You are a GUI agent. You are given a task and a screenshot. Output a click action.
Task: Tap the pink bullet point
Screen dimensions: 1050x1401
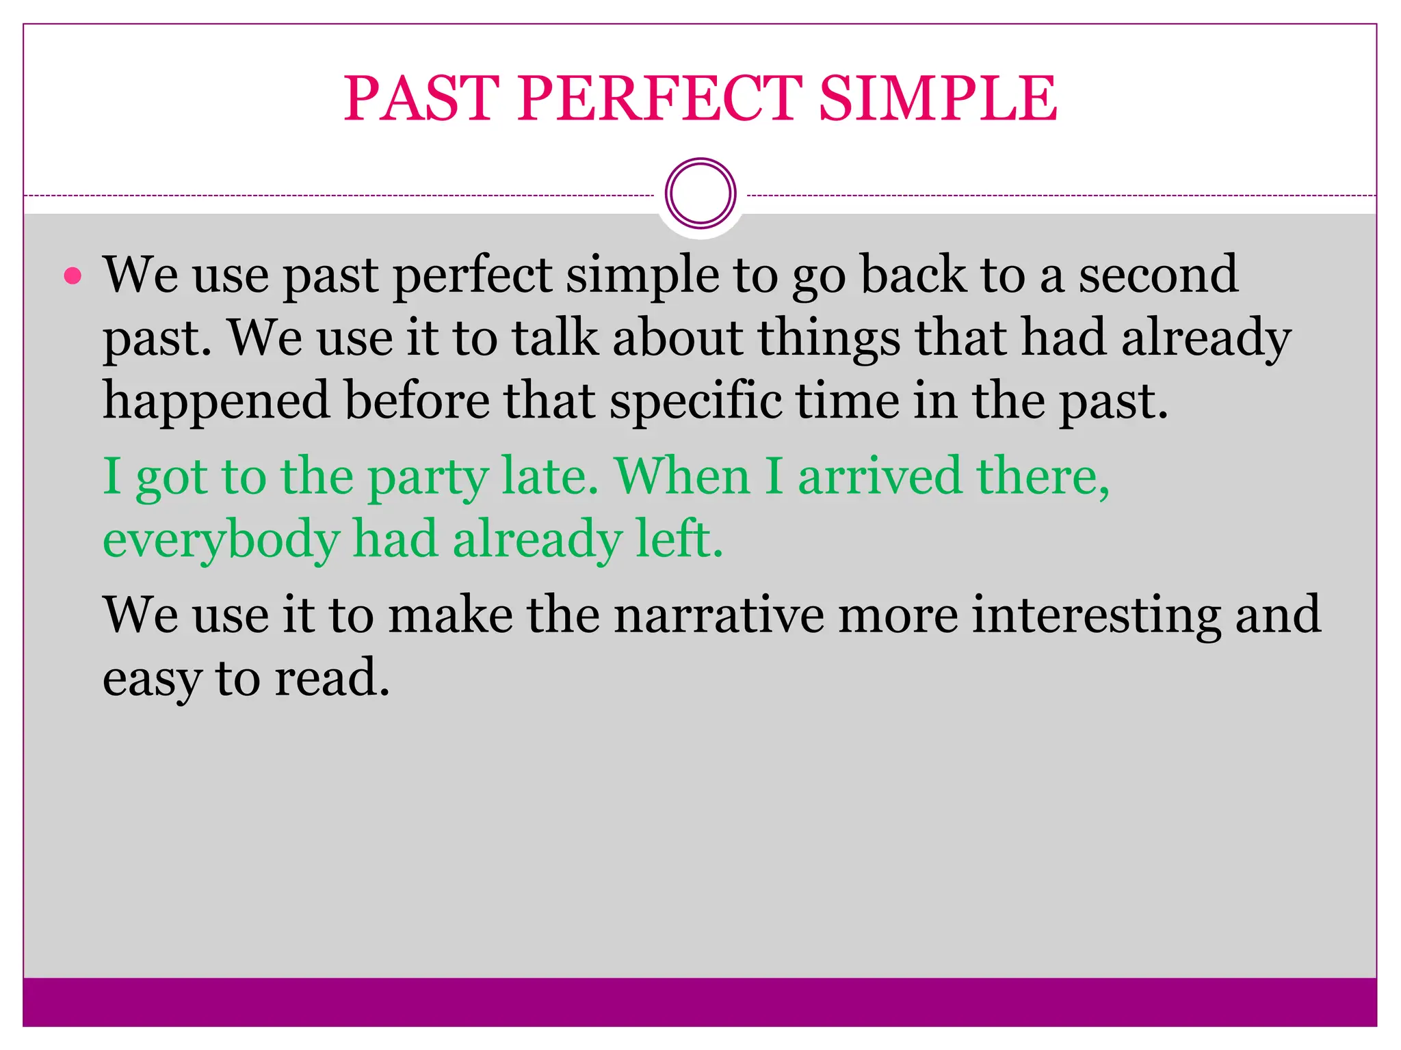[73, 276]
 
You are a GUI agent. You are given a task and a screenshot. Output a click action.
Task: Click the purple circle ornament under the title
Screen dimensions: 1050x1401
[700, 193]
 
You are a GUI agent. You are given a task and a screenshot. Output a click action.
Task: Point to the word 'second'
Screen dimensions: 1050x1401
[1158, 274]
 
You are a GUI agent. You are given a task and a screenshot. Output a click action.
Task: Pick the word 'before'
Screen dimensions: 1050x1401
[417, 401]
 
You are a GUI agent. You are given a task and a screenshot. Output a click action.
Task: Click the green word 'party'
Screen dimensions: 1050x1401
[428, 476]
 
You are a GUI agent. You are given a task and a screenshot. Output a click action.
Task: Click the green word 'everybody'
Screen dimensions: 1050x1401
[220, 540]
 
